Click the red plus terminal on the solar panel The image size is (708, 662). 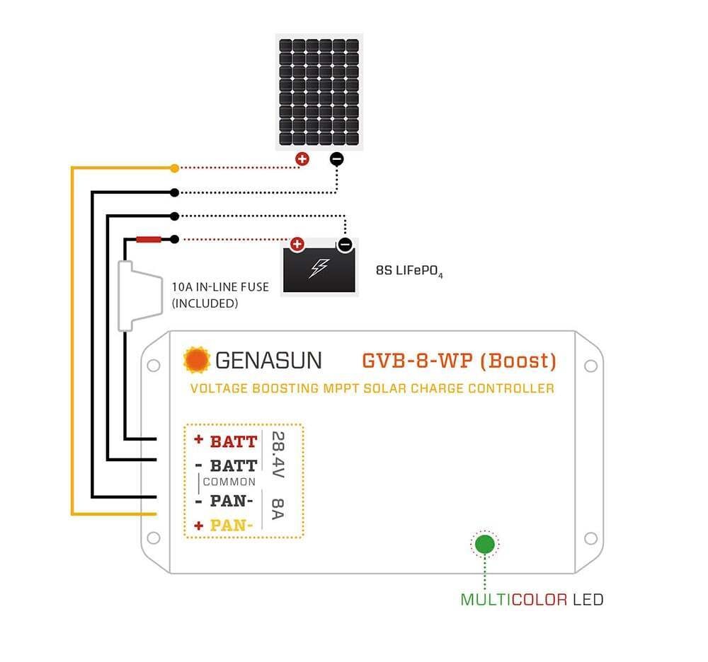(x=302, y=159)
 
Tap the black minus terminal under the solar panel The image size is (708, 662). (x=337, y=159)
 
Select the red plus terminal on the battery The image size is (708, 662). (x=297, y=245)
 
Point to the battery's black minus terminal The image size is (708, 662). (x=345, y=245)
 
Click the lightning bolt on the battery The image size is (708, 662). (x=320, y=268)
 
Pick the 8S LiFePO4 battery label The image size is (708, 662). (x=409, y=271)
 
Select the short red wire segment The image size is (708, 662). (x=149, y=239)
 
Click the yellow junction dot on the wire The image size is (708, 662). (x=174, y=168)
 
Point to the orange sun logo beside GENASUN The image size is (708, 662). (x=196, y=360)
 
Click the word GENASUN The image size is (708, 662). (x=268, y=361)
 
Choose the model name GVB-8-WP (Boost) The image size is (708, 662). (x=459, y=361)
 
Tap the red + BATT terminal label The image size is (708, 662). (x=226, y=441)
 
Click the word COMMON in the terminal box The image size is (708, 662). (x=229, y=482)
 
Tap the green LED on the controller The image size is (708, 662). (x=485, y=544)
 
